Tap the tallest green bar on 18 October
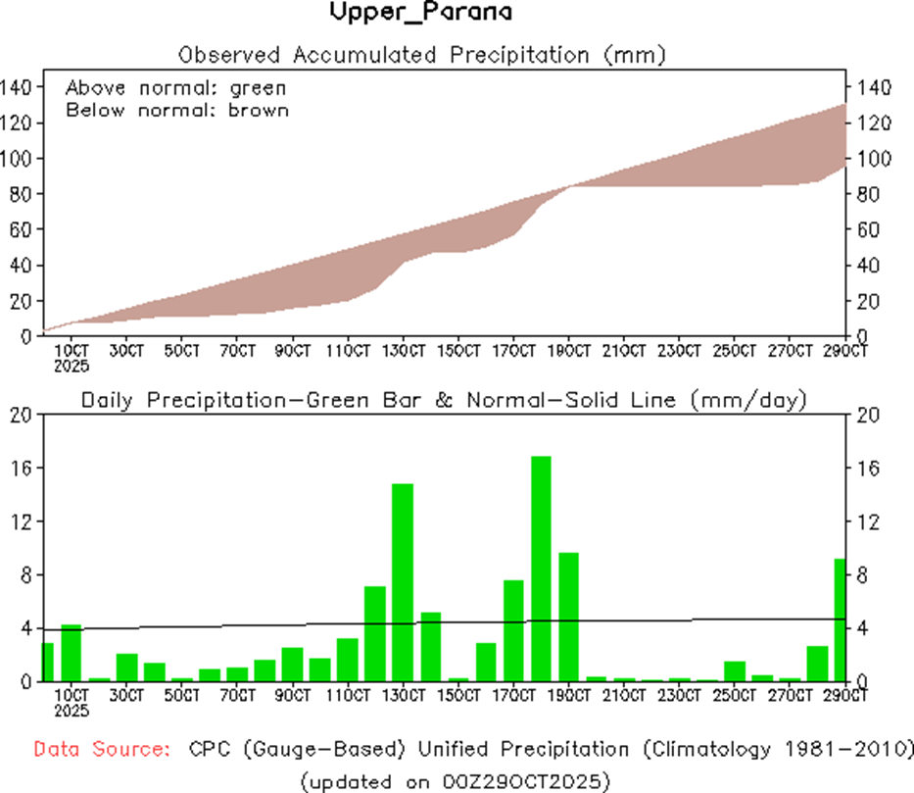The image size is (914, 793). click(x=541, y=569)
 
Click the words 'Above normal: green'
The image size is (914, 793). click(x=175, y=86)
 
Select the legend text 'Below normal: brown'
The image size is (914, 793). click(x=177, y=110)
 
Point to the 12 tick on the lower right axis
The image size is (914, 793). click(x=869, y=521)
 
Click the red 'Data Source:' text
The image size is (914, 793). click(x=100, y=749)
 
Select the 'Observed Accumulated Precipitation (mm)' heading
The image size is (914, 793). click(x=422, y=54)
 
